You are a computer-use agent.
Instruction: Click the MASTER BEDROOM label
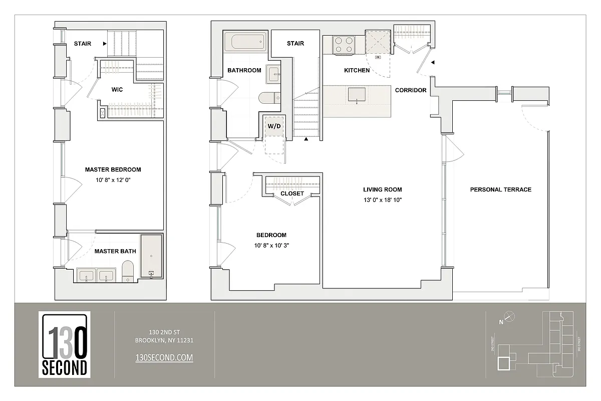[113, 169]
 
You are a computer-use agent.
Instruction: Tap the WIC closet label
[117, 90]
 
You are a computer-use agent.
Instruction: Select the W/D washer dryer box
[274, 126]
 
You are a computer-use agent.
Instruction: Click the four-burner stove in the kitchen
[343, 45]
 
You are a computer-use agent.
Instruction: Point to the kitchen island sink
[357, 94]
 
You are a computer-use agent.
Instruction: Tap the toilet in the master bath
[128, 272]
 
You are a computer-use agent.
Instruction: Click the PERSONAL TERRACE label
[500, 189]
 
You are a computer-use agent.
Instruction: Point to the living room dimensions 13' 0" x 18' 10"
[383, 200]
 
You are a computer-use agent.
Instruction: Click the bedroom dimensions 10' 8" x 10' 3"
[271, 246]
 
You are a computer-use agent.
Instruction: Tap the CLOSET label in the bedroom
[292, 193]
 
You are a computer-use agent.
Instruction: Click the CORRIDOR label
[411, 90]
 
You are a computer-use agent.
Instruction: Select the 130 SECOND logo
[64, 344]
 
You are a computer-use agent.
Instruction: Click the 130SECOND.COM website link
[164, 357]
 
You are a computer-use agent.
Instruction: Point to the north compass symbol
[509, 316]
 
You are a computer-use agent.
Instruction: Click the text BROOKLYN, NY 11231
[164, 340]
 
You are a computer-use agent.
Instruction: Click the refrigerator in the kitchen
[377, 42]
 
